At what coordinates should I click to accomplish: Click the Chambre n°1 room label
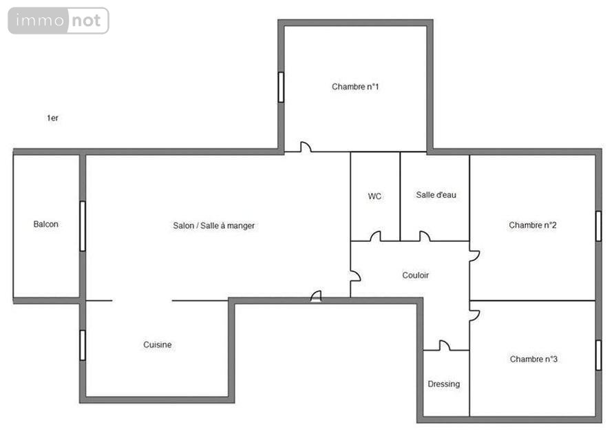pos(355,87)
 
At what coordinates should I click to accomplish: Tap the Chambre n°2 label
pos(532,225)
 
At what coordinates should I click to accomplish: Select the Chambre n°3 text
pos(533,359)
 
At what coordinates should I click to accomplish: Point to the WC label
pos(374,196)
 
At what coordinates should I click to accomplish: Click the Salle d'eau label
pos(436,195)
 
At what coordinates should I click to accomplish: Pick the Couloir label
pos(415,276)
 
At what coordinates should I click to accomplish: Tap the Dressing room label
pos(443,384)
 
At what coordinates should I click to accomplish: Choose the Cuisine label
pos(158,345)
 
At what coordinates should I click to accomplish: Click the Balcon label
pos(46,225)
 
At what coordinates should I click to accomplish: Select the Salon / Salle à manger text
pos(214,226)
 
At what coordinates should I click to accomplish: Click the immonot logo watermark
pos(59,21)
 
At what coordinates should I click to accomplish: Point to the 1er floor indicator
pos(52,118)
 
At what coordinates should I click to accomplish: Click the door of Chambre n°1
pos(305,147)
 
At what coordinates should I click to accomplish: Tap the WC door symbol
pos(375,237)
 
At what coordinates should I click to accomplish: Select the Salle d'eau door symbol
pos(424,237)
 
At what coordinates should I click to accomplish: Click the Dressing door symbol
pos(444,346)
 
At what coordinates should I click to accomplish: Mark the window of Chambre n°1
pos(281,87)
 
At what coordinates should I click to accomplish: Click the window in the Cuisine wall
pos(83,345)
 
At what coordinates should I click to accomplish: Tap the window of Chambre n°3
pos(598,355)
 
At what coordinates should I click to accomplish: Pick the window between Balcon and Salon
pos(83,226)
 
